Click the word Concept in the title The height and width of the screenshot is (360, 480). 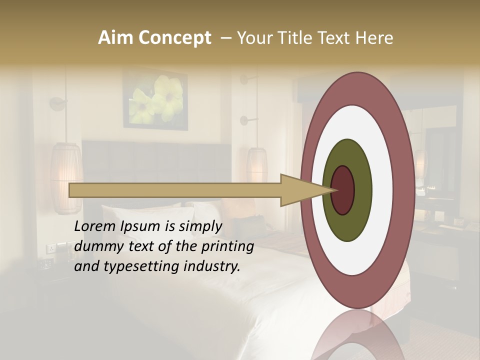(x=174, y=38)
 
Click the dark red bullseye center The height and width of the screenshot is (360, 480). (x=342, y=190)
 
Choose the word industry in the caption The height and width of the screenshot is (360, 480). (x=211, y=266)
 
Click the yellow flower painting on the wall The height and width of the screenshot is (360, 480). (x=155, y=99)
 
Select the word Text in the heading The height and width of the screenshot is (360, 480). (x=334, y=38)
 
